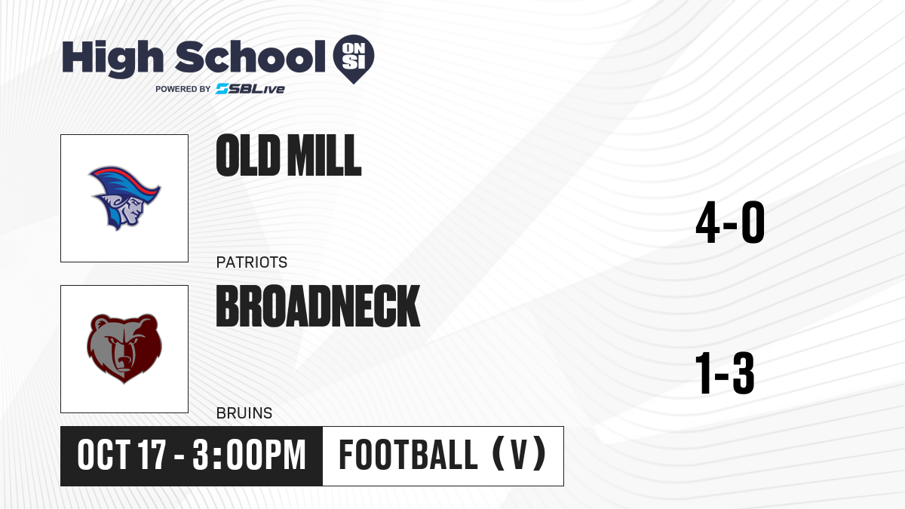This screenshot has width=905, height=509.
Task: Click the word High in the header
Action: tap(113, 59)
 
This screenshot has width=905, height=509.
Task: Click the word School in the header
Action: tap(250, 57)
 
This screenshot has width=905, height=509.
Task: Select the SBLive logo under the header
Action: tap(250, 89)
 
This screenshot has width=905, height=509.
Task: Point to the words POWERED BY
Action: tap(183, 89)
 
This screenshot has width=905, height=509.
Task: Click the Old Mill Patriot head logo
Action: tap(124, 198)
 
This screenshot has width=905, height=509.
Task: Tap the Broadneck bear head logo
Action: tap(124, 348)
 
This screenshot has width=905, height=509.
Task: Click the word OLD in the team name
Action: tap(248, 155)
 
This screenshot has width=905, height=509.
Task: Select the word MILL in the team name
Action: tap(324, 155)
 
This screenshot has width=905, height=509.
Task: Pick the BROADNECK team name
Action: tap(318, 306)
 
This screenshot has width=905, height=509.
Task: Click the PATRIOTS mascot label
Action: tap(252, 262)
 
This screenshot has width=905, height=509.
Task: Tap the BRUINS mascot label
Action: tap(244, 413)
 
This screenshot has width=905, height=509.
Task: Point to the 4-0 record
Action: tap(730, 222)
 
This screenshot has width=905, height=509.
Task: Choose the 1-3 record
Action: tap(725, 373)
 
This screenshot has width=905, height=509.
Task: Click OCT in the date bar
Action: tap(103, 455)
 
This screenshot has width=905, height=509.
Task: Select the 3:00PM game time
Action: tap(249, 455)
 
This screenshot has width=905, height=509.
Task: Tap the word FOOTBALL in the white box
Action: tap(408, 455)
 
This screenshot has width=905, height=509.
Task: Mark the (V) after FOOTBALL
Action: tap(519, 455)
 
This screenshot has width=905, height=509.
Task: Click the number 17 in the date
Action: tap(152, 455)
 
